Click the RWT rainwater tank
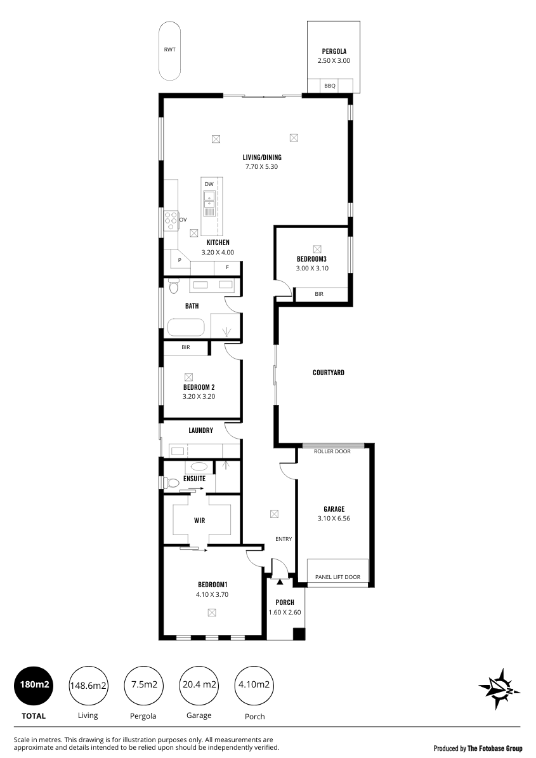[170, 51]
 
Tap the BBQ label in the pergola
[330, 86]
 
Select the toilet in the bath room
[174, 287]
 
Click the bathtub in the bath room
[187, 328]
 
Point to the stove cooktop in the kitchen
[171, 220]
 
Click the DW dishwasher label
[209, 184]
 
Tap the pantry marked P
[180, 260]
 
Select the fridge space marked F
[228, 267]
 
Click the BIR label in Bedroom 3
[318, 294]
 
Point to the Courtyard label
[329, 373]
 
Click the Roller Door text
[332, 451]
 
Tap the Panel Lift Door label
[337, 576]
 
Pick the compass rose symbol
[499, 689]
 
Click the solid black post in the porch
[299, 634]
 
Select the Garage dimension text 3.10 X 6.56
[334, 518]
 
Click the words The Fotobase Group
[495, 749]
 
